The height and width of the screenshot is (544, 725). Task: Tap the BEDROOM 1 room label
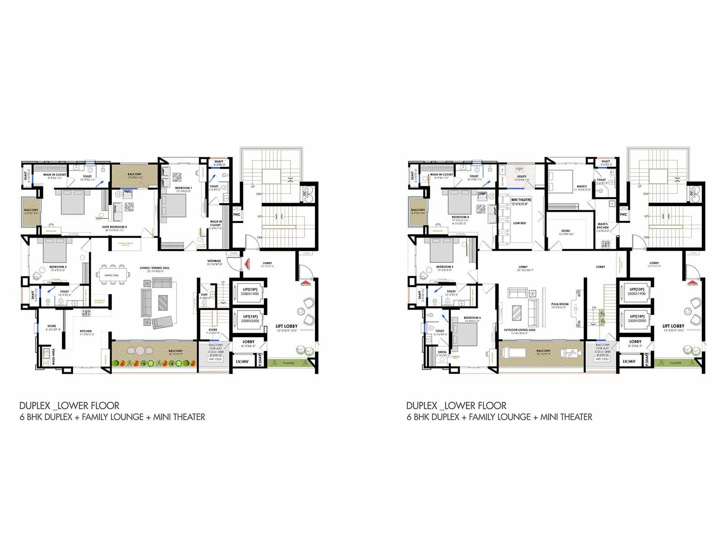point(184,188)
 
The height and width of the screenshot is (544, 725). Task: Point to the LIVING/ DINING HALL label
point(155,268)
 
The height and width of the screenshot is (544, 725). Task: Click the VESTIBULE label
point(214,261)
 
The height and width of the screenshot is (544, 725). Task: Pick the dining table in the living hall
point(111,275)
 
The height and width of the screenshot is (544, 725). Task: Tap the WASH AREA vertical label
point(53,357)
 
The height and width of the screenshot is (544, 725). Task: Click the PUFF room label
point(204,295)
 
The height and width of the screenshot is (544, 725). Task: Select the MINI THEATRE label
point(521,199)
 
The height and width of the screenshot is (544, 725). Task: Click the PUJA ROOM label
point(560,304)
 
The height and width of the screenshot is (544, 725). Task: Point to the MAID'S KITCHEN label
point(603,225)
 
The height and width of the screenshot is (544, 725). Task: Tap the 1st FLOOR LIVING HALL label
point(520,330)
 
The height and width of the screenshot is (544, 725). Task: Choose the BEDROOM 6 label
point(472,318)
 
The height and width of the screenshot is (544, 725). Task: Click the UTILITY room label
point(522,177)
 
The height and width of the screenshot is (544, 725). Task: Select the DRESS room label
point(442,352)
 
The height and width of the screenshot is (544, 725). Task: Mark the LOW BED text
point(519,223)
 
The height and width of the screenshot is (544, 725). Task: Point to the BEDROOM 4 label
point(460,217)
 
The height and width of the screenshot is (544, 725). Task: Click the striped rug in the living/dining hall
point(163,301)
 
